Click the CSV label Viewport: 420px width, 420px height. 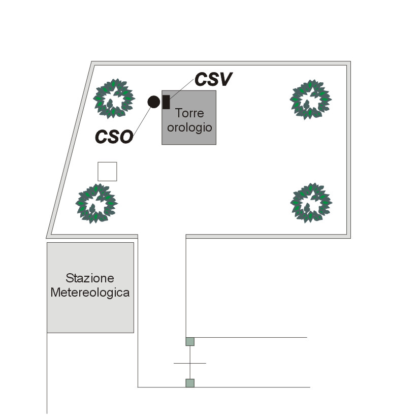(x=214, y=79)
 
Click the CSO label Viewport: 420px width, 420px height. (x=114, y=136)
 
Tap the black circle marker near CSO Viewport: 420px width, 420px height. (x=154, y=102)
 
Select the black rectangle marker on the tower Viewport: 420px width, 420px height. (x=166, y=102)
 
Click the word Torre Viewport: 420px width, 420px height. (x=189, y=113)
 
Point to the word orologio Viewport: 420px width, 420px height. (x=189, y=127)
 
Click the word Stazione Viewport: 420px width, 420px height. (x=90, y=278)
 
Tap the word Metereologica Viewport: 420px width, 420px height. (x=90, y=293)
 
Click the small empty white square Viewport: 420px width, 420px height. (x=107, y=172)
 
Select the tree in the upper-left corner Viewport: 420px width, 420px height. (x=114, y=98)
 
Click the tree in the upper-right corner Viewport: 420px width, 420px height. (x=310, y=99)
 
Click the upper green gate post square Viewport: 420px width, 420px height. (x=189, y=341)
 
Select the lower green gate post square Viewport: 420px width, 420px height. (x=189, y=383)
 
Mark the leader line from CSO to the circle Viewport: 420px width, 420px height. (x=143, y=120)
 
